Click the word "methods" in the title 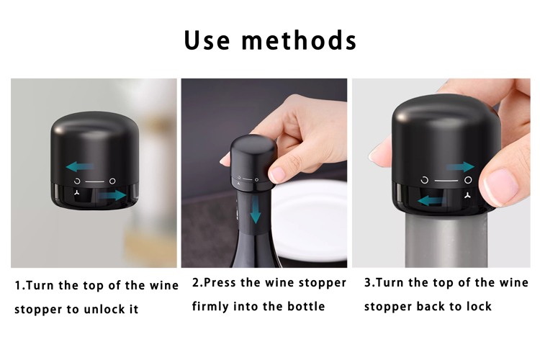[299, 40]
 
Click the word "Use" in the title [207, 40]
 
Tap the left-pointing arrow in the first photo [80, 167]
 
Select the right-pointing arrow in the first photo [112, 196]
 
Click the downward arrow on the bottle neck [255, 209]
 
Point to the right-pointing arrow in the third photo [460, 167]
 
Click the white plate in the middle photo [310, 220]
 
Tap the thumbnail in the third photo [501, 186]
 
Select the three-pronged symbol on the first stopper [77, 192]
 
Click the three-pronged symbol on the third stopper [467, 196]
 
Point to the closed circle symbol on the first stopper [112, 181]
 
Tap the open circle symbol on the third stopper [425, 180]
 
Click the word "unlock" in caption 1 [104, 309]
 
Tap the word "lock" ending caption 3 [479, 306]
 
